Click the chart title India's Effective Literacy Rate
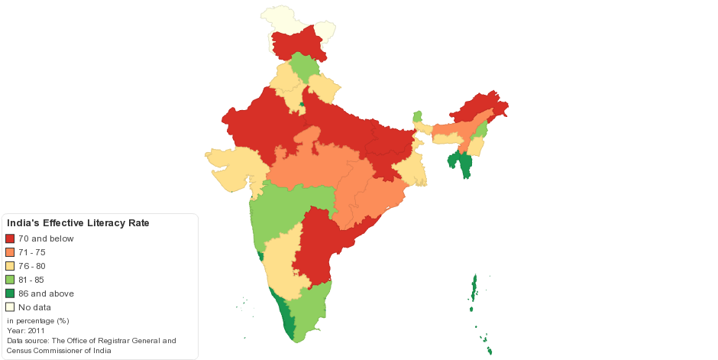(x=77, y=223)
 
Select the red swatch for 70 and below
(x=10, y=238)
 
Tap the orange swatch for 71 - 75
(x=10, y=252)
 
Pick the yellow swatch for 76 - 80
(x=10, y=266)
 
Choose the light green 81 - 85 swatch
(x=10, y=280)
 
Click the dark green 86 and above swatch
(x=10, y=294)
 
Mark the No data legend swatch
(x=10, y=307)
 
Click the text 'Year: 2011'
(x=26, y=331)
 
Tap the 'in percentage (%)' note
(x=38, y=321)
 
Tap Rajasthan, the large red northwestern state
(x=260, y=126)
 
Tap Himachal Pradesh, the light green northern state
(x=303, y=67)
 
